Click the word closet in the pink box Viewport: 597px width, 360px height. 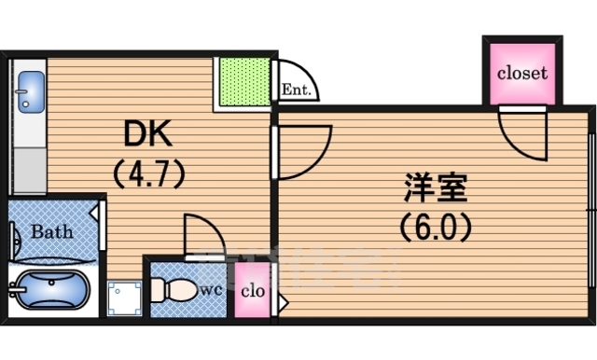coord(521,73)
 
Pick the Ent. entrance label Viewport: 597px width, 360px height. coord(297,91)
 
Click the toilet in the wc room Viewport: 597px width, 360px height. coord(178,290)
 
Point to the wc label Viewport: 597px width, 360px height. coord(212,290)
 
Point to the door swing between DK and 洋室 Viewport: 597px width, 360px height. coord(304,149)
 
